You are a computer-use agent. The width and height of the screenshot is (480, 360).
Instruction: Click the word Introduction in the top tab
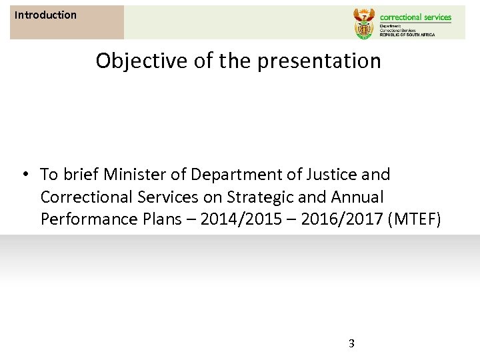pyautogui.click(x=45, y=15)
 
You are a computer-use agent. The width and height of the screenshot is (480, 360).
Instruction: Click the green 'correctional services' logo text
pyautogui.click(x=415, y=17)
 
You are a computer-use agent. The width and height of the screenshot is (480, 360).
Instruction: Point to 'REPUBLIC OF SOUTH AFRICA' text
pyautogui.click(x=407, y=35)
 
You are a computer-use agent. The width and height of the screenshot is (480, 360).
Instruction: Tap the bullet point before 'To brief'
pyautogui.click(x=23, y=175)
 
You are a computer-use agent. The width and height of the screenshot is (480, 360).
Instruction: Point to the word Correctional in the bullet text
pyautogui.click(x=85, y=197)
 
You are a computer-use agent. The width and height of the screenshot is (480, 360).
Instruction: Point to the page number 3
pyautogui.click(x=352, y=344)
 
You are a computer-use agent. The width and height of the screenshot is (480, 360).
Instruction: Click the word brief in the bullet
pyautogui.click(x=79, y=175)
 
